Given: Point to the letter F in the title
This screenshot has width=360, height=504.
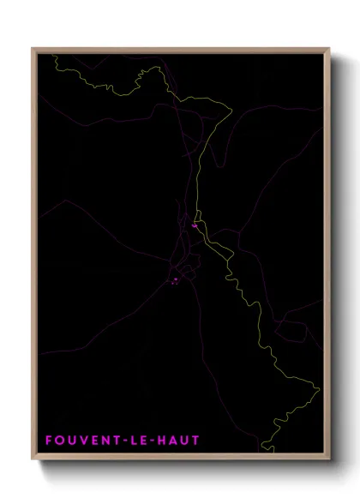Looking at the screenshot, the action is [x=49, y=441].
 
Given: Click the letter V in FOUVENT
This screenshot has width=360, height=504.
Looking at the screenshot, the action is [x=83, y=441].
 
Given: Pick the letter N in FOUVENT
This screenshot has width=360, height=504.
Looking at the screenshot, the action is [x=106, y=441].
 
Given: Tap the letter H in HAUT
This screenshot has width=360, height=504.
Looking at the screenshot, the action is [x=161, y=441].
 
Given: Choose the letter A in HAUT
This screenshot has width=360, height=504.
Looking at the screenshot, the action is [x=173, y=441].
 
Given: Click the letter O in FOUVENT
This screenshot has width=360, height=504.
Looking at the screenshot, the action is [x=59, y=441].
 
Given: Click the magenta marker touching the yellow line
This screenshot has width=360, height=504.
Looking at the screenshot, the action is [x=195, y=226].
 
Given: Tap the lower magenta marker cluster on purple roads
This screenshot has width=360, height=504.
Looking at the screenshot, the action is [x=174, y=279].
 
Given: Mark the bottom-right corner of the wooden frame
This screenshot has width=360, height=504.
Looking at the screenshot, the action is [x=329, y=460].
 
